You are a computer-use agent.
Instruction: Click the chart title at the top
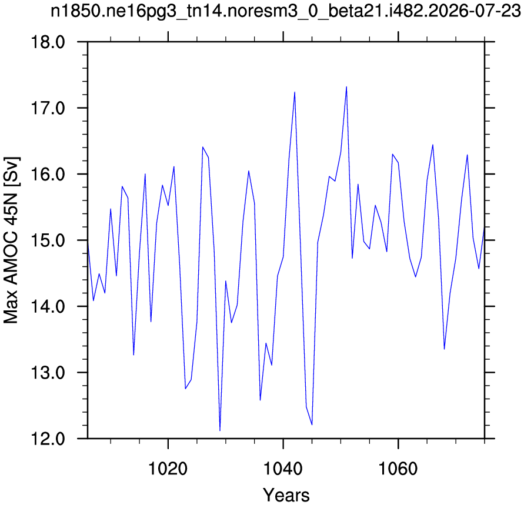pyautogui.click(x=286, y=12)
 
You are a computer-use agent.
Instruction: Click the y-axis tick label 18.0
pyautogui.click(x=48, y=42)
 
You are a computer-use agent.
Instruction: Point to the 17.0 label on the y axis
pyautogui.click(x=48, y=109)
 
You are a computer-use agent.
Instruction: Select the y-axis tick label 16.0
pyautogui.click(x=48, y=175)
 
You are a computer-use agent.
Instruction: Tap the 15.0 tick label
pyautogui.click(x=48, y=240)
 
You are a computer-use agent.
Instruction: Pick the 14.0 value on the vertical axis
pyautogui.click(x=48, y=307)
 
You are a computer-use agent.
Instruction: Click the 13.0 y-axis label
pyautogui.click(x=48, y=373)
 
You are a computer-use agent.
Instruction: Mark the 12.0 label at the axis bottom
pyautogui.click(x=48, y=439)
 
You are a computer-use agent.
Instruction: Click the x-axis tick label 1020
pyautogui.click(x=168, y=469)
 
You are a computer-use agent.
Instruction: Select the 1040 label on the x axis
pyautogui.click(x=283, y=469)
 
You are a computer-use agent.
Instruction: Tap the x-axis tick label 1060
pyautogui.click(x=398, y=469)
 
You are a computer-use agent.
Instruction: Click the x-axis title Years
pyautogui.click(x=286, y=494)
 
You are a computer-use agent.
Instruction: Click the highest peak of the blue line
pyautogui.click(x=346, y=87)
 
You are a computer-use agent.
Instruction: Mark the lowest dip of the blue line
pyautogui.click(x=220, y=430)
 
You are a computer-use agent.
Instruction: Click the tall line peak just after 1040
pyautogui.click(x=295, y=92)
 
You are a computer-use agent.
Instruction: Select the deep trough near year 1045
pyautogui.click(x=312, y=424)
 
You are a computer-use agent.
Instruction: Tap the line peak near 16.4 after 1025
pyautogui.click(x=202, y=147)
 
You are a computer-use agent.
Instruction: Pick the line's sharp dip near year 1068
pyautogui.click(x=444, y=349)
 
